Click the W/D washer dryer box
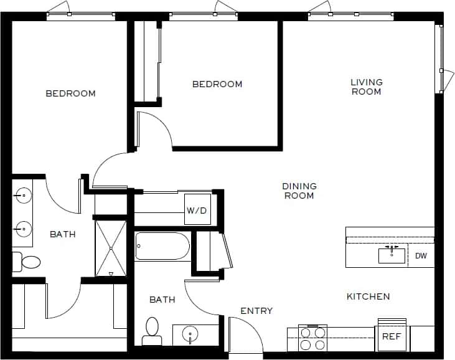[x=197, y=211]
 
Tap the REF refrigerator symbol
[x=392, y=336]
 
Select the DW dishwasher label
[x=421, y=256]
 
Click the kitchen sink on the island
[x=392, y=255]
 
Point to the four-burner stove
[x=312, y=338]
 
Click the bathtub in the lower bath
[x=162, y=247]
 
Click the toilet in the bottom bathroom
[x=151, y=331]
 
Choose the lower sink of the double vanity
[x=24, y=228]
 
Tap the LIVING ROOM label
[x=366, y=87]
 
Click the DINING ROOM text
[x=299, y=191]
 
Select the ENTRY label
[x=256, y=311]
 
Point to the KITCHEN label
[x=368, y=296]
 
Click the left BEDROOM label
[x=71, y=93]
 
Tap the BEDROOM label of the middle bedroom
[x=217, y=84]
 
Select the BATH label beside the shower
[x=63, y=234]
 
